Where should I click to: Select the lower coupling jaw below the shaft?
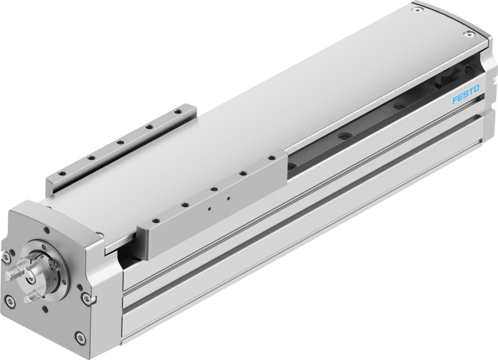[x=31, y=296]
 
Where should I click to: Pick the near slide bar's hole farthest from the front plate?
[x=272, y=158]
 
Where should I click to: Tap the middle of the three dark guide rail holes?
[x=343, y=137]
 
